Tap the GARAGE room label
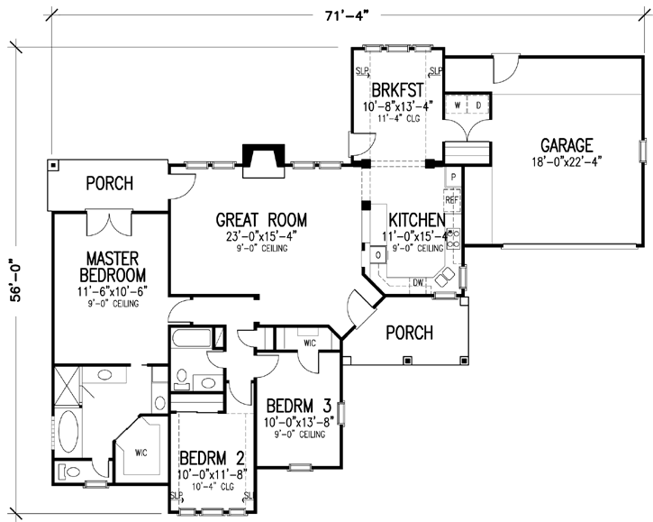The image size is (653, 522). pos(566,145)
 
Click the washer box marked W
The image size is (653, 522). pos(458,105)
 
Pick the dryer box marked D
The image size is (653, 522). pos(477,105)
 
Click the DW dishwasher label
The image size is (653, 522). pos(418,283)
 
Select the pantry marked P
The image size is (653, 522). pos(452,177)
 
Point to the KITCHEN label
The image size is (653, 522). pos(414,220)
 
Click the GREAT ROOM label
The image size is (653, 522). pos(261,219)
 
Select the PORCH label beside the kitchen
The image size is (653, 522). pos(409,333)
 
